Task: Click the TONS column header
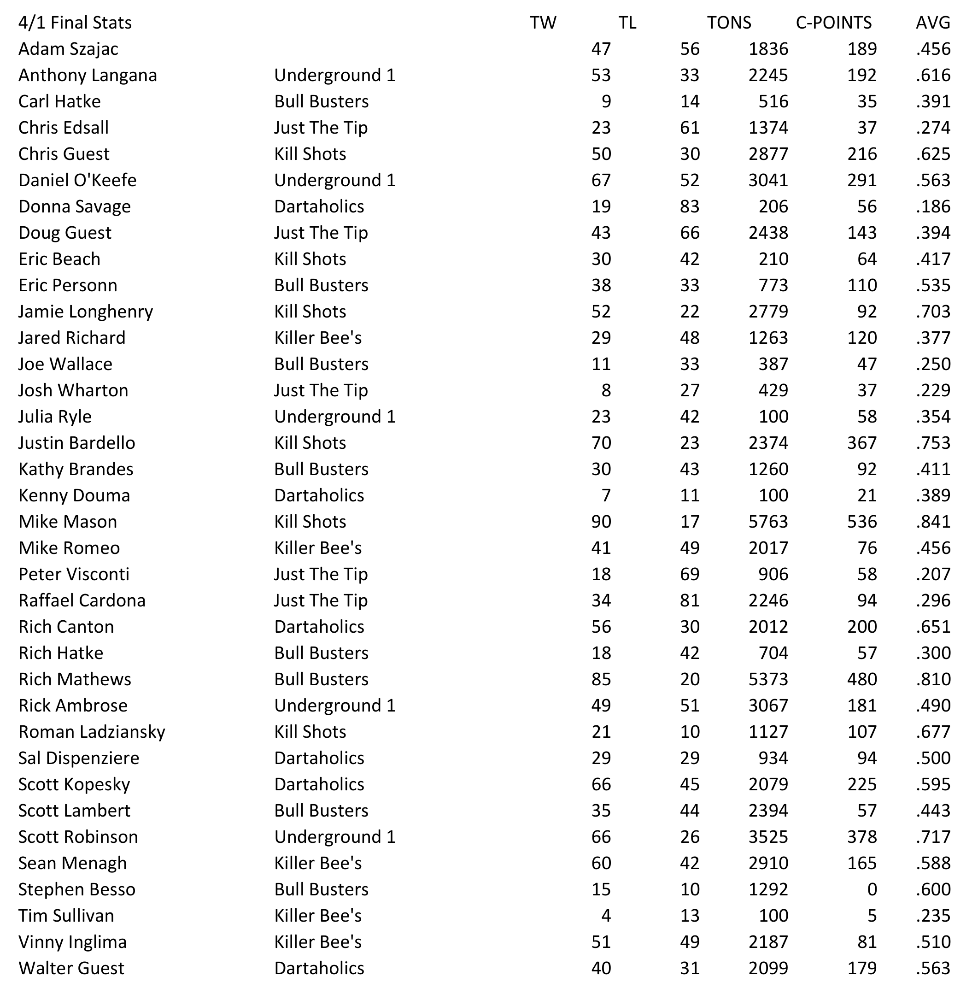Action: [x=729, y=23]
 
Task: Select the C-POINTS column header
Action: [x=834, y=23]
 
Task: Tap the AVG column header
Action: [x=933, y=23]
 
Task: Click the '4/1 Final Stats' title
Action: [x=75, y=23]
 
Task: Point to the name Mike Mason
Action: [x=68, y=521]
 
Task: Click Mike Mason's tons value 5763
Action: [x=768, y=521]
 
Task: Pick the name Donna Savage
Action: [x=75, y=206]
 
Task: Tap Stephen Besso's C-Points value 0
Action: [x=872, y=889]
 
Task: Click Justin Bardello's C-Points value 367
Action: [x=862, y=443]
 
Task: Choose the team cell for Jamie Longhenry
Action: [x=310, y=312]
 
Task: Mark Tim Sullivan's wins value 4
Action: [x=606, y=915]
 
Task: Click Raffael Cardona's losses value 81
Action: [x=689, y=600]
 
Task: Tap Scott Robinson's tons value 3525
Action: [x=768, y=837]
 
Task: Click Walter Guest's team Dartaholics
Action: [x=319, y=968]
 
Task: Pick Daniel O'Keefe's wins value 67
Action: [x=601, y=180]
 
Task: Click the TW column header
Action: [x=543, y=23]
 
